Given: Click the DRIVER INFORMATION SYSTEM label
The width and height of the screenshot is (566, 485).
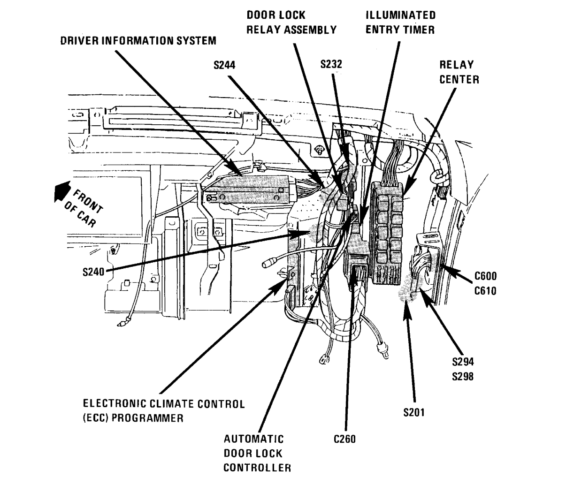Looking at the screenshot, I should point(138,41).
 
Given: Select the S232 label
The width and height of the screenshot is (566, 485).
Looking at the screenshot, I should point(331,65).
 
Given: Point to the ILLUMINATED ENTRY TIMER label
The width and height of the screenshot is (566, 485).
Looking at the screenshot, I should point(400,23).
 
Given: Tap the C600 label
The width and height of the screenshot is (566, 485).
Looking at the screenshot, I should point(485,276).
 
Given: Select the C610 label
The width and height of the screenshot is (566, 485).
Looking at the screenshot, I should point(485,291).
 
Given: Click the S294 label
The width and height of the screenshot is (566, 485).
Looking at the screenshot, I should point(463,362).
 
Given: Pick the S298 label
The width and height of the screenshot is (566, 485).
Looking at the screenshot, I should point(463,376).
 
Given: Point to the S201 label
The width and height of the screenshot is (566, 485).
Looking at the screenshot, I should point(414,413).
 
